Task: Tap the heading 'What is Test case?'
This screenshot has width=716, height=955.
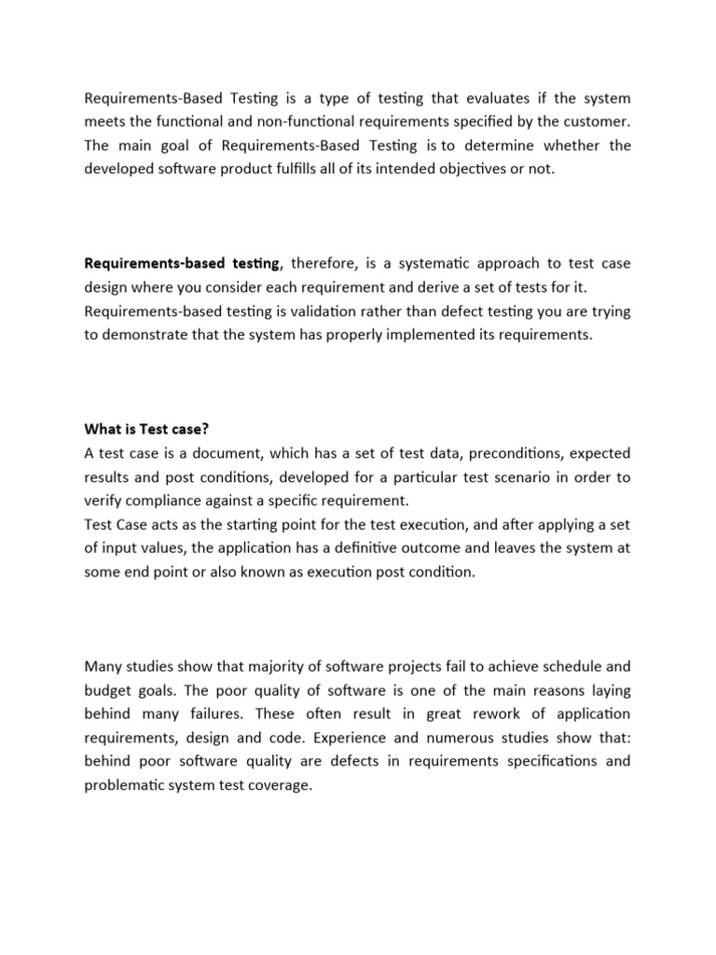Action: tap(146, 429)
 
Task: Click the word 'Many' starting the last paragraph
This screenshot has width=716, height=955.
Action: tap(103, 666)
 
